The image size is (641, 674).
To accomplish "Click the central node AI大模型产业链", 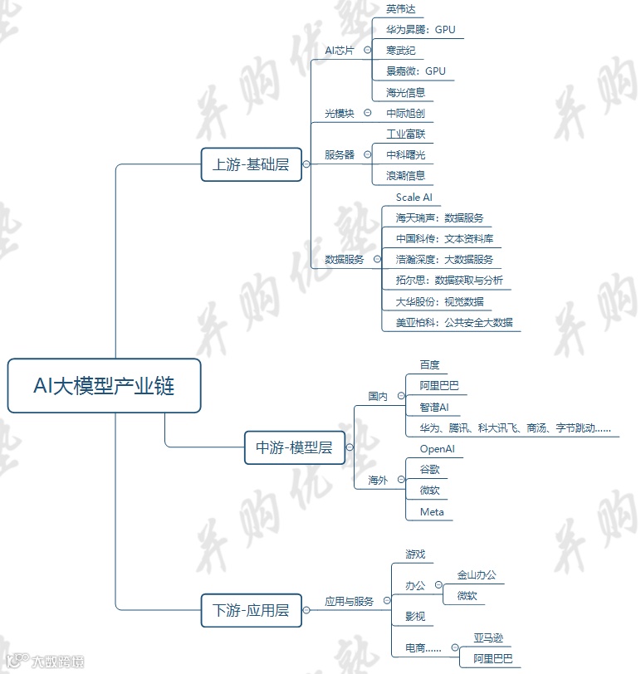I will coord(104,385).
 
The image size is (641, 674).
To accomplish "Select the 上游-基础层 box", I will coord(251,164).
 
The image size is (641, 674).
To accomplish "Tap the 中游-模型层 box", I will coord(294,447).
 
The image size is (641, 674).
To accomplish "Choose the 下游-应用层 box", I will coord(251,611).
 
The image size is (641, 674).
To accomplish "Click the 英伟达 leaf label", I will coord(400,9).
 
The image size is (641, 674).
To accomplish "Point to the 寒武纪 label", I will coord(400,51).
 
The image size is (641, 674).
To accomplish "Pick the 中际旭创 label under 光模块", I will coord(405,113).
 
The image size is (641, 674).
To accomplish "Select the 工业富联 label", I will coord(405,134).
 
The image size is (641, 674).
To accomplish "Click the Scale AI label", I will coord(413,198).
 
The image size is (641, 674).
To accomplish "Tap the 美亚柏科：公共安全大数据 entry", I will coord(453,322).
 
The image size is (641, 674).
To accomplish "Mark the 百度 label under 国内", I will coord(429,365).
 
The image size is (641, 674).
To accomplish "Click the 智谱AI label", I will coord(433,408).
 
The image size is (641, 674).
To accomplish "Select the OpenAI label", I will coord(437,449).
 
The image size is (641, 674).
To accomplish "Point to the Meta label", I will coord(432,511).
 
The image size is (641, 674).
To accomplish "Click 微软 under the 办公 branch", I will coord(467,595).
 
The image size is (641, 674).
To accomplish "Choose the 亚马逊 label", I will coord(488,638).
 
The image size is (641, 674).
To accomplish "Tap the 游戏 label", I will coord(415,554).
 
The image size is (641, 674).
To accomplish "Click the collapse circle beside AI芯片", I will coord(368,50).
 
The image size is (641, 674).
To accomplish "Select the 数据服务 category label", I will coord(344,259).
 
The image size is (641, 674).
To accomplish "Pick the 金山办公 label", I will coord(477,574).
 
